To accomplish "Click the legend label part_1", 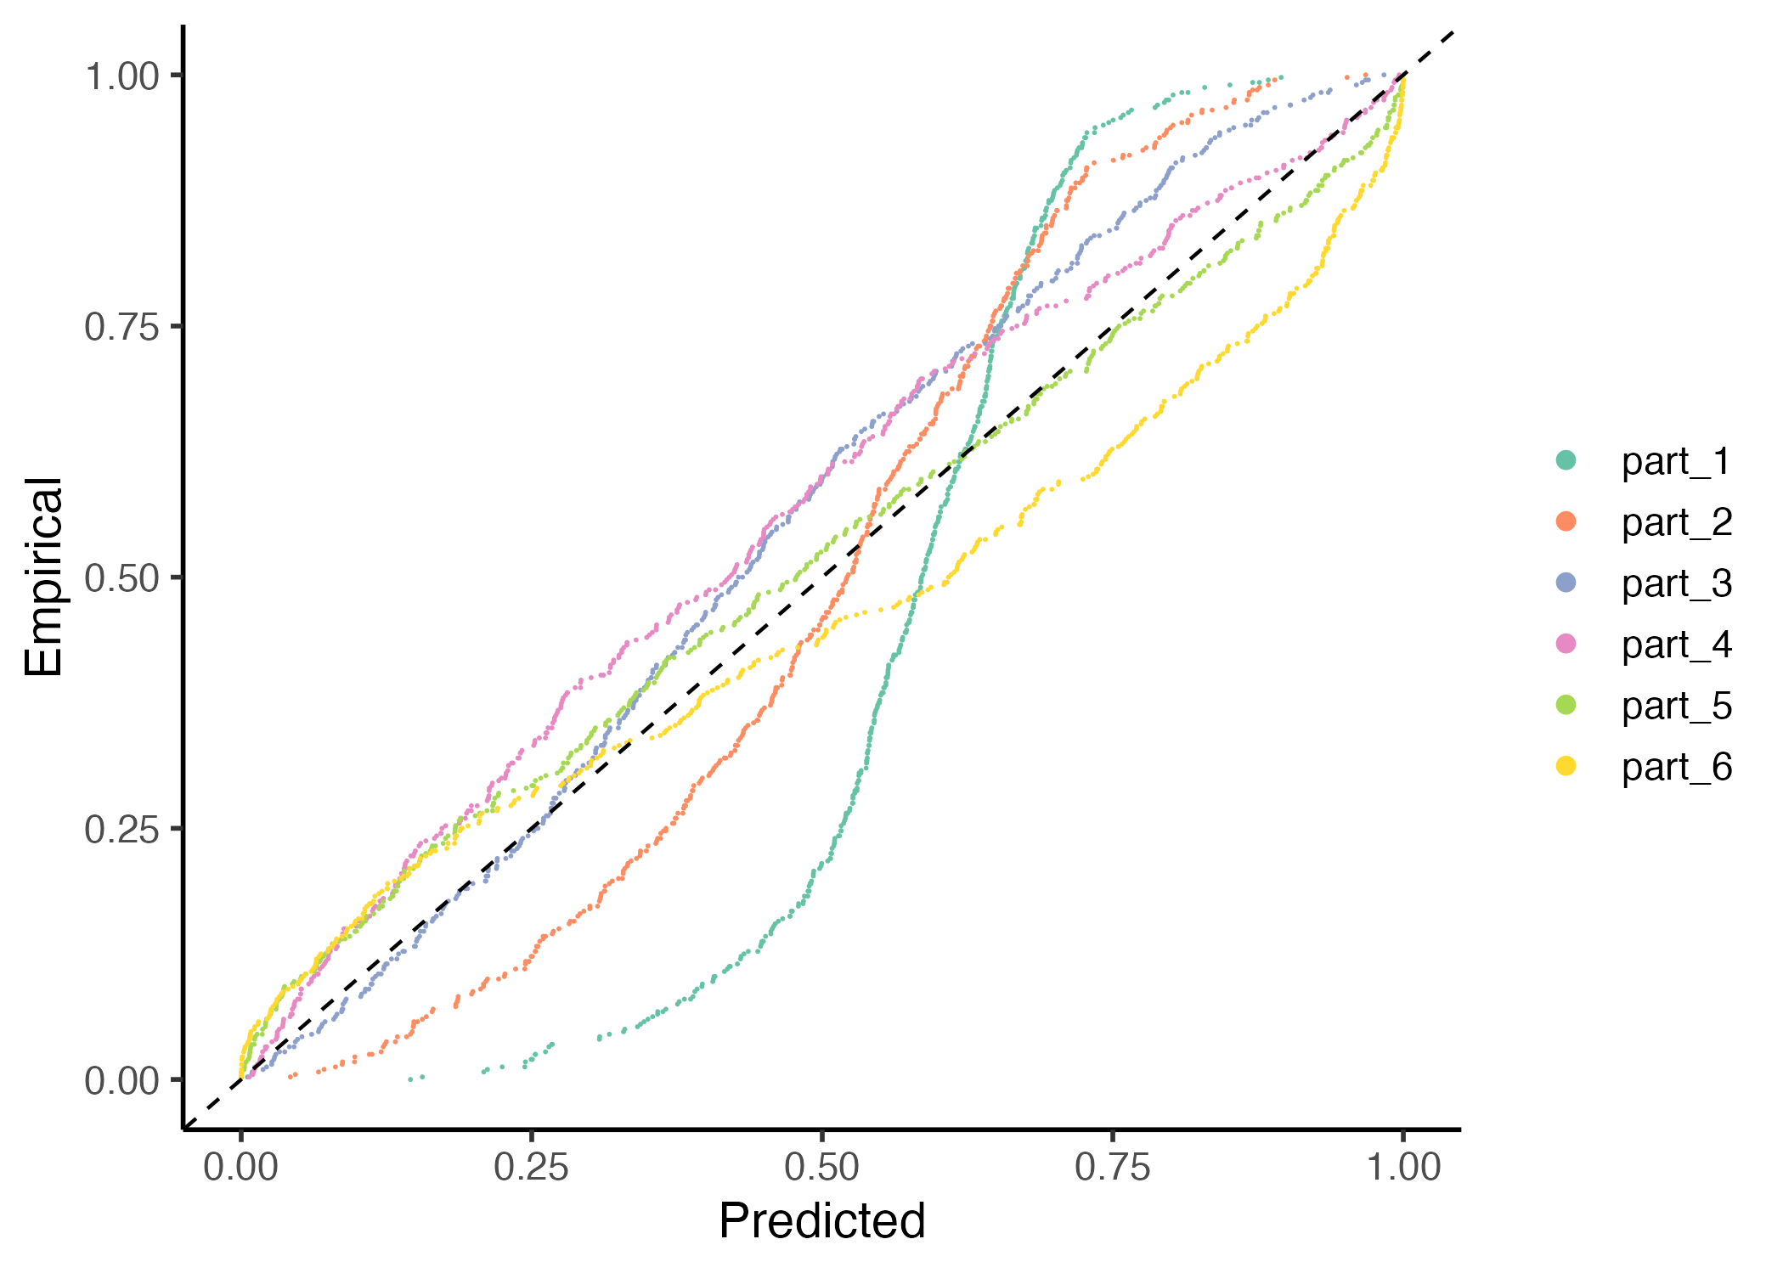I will (x=1676, y=461).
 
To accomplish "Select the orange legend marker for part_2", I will (x=1566, y=521).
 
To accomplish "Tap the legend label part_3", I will (x=1676, y=583).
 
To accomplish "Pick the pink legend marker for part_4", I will (x=1566, y=644).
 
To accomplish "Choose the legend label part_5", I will (x=1676, y=706).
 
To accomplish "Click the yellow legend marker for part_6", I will (x=1566, y=766).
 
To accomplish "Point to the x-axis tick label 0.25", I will (x=531, y=1168).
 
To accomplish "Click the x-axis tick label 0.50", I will (x=821, y=1168).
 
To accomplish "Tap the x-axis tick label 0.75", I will (x=1112, y=1168).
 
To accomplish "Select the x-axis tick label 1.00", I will (x=1402, y=1168).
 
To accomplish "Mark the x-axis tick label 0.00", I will (x=240, y=1168).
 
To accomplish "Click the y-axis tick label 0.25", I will (x=122, y=830).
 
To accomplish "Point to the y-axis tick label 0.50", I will (x=122, y=578).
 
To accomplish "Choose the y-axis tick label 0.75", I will (x=122, y=327).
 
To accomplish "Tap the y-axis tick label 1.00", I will (x=122, y=76).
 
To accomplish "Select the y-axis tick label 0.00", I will (x=122, y=1081).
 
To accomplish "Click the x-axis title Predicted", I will (x=821, y=1221).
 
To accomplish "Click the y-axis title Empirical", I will (x=44, y=577).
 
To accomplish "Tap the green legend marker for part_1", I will (x=1566, y=460).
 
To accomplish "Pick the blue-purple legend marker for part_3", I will (x=1566, y=583).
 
